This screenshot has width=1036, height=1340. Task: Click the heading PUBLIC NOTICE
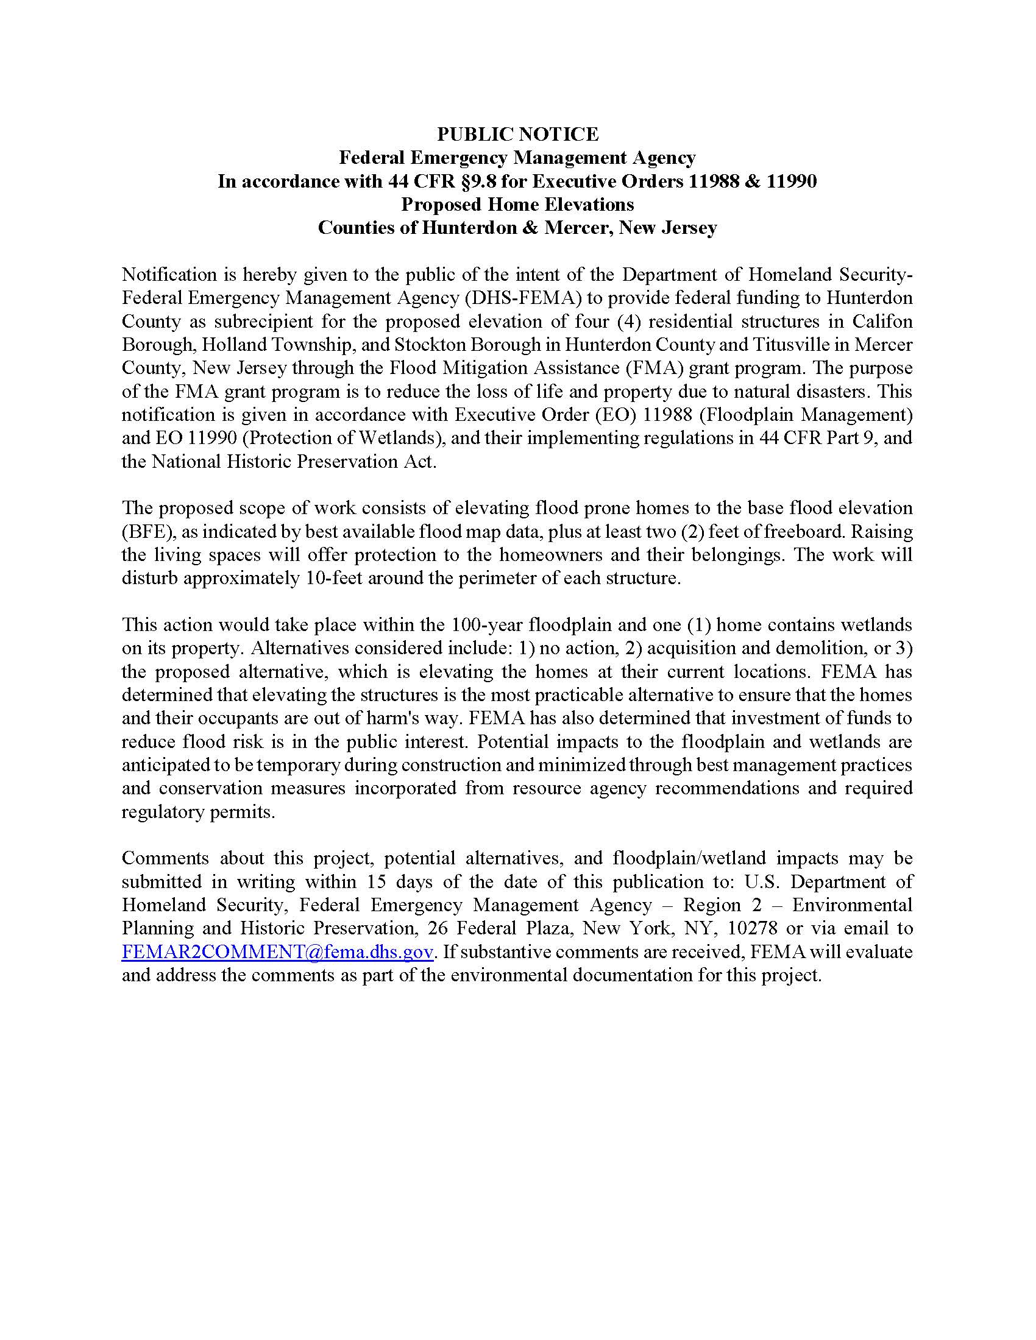[517, 134]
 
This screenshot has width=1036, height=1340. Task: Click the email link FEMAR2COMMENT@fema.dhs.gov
[277, 952]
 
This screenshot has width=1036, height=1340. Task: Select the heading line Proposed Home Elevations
[517, 204]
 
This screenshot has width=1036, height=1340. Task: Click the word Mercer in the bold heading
[575, 228]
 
